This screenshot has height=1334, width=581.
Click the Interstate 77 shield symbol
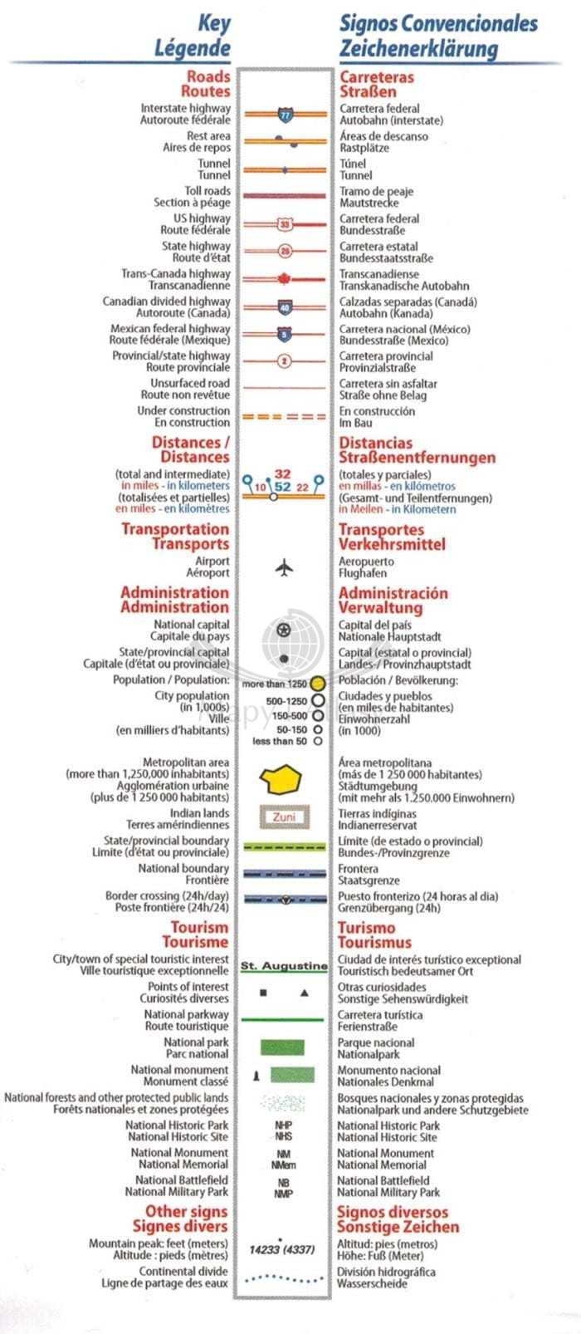(285, 115)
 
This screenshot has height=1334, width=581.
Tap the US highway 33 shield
(285, 224)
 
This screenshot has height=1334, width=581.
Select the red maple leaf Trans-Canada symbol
(284, 279)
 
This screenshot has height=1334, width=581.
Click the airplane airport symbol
(284, 568)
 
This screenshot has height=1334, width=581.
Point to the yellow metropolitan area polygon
(281, 780)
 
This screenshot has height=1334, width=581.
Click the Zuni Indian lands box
(284, 817)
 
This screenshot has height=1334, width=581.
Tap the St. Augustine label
(284, 966)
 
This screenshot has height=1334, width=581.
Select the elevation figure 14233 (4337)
(282, 1249)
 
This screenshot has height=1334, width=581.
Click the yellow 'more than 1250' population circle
(317, 684)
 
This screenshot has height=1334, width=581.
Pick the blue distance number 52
(283, 487)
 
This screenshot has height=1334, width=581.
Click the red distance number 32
(282, 474)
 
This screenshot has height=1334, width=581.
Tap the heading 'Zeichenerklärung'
(418, 49)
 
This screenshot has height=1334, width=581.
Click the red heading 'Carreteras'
(376, 76)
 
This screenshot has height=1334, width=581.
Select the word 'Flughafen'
(363, 573)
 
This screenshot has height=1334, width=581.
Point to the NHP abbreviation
(283, 1126)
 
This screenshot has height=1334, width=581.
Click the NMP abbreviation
(283, 1194)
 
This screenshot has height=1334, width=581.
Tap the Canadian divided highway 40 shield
(285, 307)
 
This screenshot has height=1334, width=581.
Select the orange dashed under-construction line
(284, 416)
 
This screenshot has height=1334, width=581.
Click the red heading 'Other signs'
(186, 1212)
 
